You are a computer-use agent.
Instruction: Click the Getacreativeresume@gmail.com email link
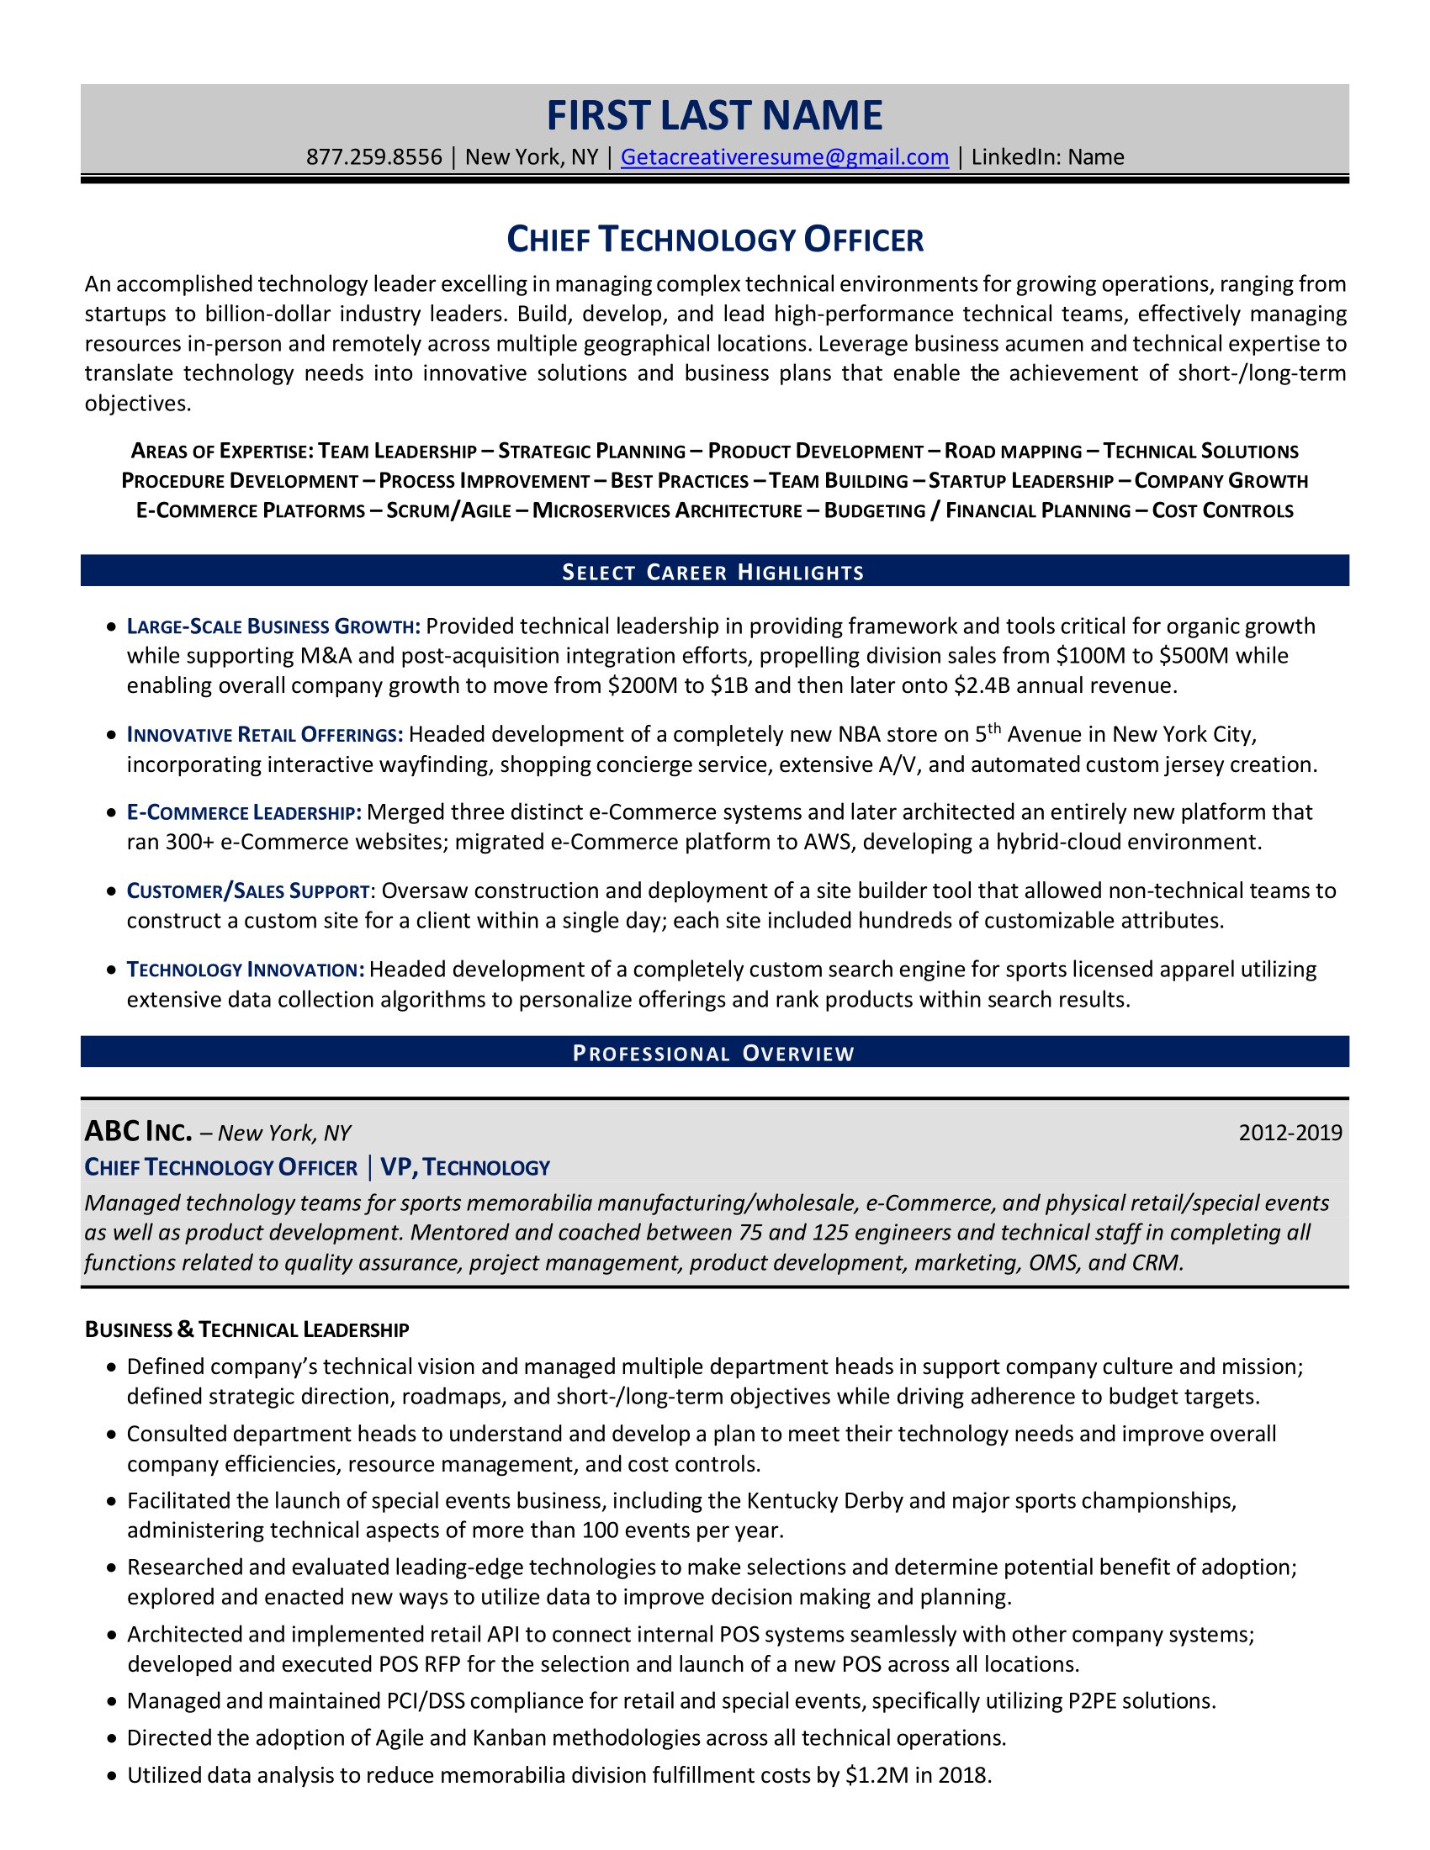coord(784,157)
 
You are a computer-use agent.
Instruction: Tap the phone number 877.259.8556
coord(373,157)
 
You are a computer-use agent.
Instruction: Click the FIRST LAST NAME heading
coord(714,116)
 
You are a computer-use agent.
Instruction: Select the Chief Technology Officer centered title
coord(714,240)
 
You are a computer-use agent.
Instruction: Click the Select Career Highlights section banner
coord(714,572)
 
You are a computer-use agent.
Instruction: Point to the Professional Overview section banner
coord(714,1053)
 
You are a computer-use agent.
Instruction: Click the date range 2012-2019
coord(1290,1133)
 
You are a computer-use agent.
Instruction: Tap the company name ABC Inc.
coord(138,1132)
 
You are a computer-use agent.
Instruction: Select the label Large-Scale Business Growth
coord(273,626)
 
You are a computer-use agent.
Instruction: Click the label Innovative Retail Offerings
coord(264,734)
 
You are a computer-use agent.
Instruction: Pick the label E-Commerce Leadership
coord(244,813)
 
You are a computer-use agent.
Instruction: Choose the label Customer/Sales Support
coord(247,891)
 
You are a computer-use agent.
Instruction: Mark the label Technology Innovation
coord(245,970)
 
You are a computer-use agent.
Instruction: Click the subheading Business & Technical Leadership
coord(246,1330)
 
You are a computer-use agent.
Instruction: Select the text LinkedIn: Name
coord(1047,157)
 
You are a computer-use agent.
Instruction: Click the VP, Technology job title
coord(465,1167)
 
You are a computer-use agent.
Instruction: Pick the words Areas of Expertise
coord(222,452)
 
